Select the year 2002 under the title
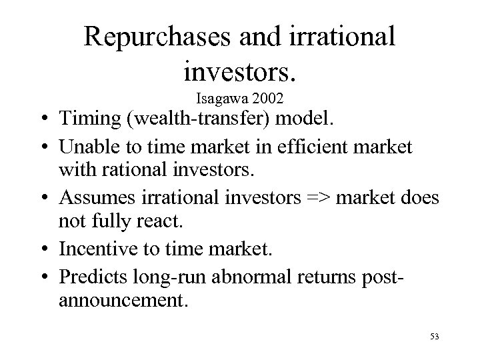click(x=267, y=99)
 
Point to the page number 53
click(x=433, y=338)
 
